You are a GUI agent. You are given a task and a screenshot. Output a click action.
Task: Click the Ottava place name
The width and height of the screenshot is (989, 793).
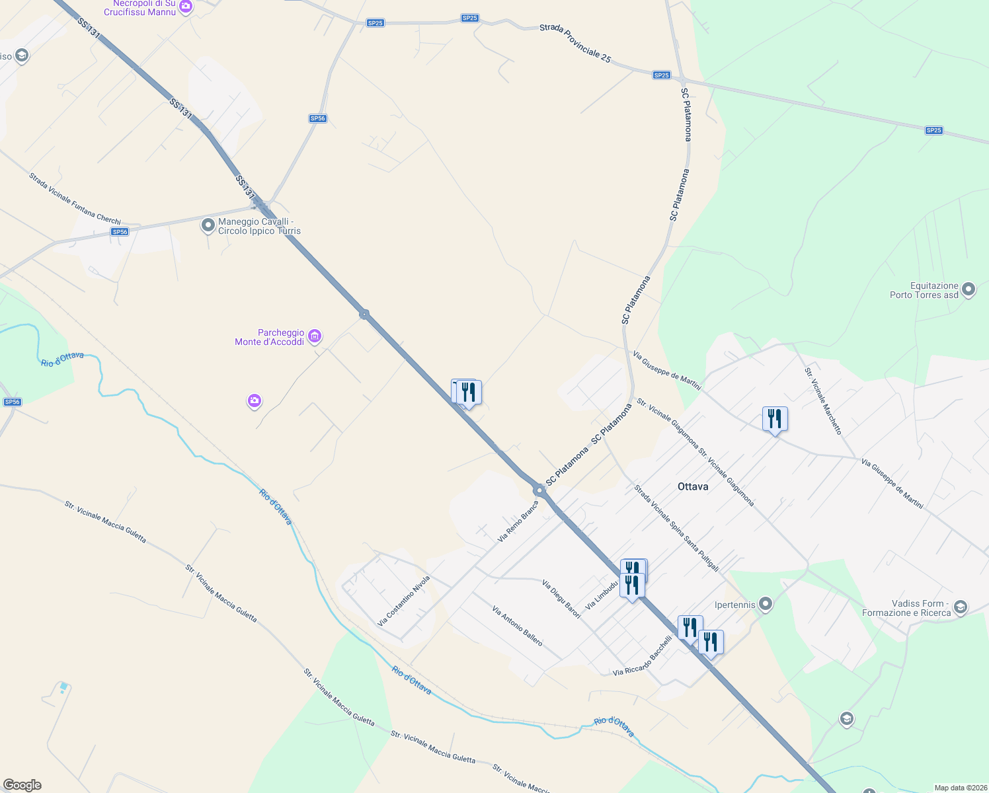click(693, 486)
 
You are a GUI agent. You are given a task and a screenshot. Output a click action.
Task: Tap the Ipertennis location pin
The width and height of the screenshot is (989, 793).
click(766, 603)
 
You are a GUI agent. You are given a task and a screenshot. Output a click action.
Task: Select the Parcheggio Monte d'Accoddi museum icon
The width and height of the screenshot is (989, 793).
click(315, 336)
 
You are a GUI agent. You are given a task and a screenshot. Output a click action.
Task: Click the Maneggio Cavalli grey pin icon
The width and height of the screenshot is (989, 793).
click(208, 226)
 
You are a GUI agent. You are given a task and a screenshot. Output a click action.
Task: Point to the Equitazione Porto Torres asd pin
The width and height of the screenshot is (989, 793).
click(969, 289)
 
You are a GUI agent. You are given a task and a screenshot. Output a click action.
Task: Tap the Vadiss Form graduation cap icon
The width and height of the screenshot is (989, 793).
click(961, 607)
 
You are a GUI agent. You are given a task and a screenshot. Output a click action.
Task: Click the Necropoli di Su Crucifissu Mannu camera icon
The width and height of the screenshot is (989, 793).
click(186, 7)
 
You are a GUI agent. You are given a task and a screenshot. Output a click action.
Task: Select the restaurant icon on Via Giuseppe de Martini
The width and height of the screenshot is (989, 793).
click(775, 419)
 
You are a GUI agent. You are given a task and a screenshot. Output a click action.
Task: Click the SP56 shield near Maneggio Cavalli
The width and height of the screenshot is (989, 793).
click(120, 232)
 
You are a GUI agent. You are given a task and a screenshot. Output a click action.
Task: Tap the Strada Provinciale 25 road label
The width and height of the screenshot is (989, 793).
click(575, 44)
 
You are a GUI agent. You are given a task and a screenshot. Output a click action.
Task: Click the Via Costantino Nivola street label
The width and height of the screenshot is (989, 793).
click(403, 601)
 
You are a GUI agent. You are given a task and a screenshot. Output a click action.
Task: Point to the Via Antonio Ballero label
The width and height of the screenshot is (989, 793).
click(517, 626)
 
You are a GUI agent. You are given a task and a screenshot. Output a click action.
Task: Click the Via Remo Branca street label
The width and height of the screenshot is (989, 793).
click(518, 522)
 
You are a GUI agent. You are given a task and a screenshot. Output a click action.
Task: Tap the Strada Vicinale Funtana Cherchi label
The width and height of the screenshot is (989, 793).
click(75, 198)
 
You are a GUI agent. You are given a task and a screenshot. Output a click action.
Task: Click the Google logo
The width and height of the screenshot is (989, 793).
click(22, 785)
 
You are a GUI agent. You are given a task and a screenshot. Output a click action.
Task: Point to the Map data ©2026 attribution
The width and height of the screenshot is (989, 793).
click(960, 788)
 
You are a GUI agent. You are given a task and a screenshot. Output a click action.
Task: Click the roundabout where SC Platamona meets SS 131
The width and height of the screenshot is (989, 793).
click(539, 490)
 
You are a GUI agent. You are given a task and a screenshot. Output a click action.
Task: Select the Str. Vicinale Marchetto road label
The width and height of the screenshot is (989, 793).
click(823, 401)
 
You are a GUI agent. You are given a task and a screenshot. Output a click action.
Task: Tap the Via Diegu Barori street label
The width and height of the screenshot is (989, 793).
click(561, 599)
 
